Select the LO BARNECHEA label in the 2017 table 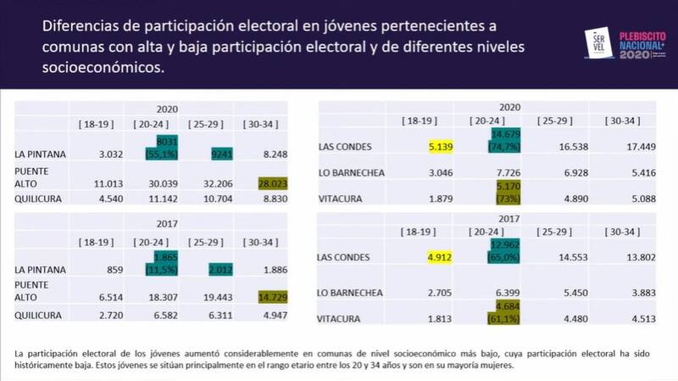tap(351, 293)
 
